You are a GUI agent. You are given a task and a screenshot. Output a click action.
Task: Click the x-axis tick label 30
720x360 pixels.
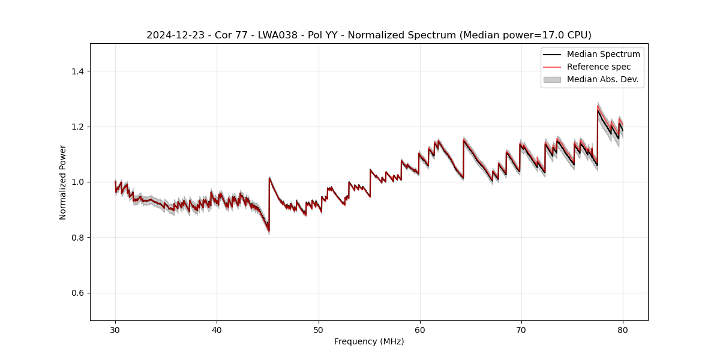[x=115, y=329]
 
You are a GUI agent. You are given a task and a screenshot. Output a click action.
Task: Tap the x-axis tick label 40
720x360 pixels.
[x=217, y=329]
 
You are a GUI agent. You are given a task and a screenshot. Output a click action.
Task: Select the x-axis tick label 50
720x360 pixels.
[x=319, y=329]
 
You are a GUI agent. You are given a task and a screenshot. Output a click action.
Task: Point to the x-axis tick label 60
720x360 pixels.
[x=420, y=329]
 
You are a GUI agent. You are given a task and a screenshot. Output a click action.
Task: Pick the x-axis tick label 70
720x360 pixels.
[x=521, y=329]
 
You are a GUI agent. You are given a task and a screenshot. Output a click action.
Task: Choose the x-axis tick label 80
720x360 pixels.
[x=623, y=329]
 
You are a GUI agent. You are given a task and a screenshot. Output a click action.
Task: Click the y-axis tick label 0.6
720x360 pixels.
[x=77, y=293]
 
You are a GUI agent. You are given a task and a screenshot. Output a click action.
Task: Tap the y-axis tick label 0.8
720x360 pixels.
[x=77, y=238]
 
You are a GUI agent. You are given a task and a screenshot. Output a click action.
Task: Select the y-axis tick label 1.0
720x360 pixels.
[x=77, y=182]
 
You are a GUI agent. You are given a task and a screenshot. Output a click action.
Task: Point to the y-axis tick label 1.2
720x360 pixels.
[x=77, y=127]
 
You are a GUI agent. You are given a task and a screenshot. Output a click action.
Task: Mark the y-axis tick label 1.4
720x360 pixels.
[x=77, y=71]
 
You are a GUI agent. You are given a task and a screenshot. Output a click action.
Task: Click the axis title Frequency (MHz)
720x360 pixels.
[x=369, y=341]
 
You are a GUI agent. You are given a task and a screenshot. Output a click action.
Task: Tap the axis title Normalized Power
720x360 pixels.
[x=63, y=182]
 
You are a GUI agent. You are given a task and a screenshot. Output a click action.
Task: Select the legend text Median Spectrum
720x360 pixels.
[x=603, y=54]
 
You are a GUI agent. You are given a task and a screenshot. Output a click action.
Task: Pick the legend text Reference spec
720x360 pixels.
[x=598, y=67]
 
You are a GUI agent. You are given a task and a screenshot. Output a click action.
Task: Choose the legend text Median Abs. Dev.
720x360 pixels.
[x=602, y=79]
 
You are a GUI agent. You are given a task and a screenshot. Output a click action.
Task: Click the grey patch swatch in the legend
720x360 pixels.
[x=552, y=79]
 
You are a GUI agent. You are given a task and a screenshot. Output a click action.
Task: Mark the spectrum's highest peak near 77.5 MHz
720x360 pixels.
[x=598, y=109]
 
